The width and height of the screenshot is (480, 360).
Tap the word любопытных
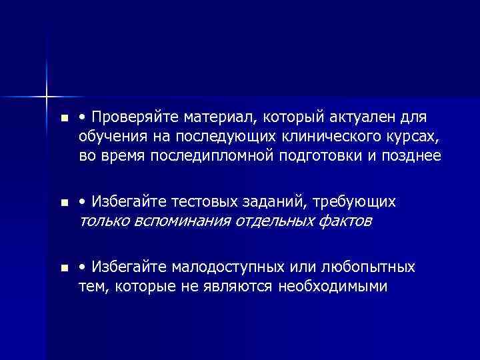coord(369,267)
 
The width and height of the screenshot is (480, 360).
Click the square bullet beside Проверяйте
coord(63,119)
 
